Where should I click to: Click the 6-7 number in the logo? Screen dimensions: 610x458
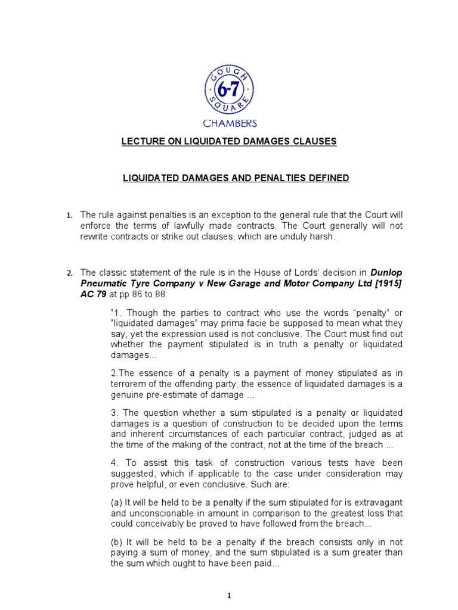click(x=230, y=91)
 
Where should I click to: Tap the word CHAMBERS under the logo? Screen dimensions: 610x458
click(x=230, y=123)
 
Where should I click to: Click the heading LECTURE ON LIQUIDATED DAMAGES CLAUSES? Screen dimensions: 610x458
click(x=230, y=141)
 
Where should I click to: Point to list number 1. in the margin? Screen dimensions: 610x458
click(x=69, y=215)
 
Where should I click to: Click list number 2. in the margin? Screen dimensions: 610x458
click(x=69, y=273)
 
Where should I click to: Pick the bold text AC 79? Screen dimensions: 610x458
click(x=92, y=294)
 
